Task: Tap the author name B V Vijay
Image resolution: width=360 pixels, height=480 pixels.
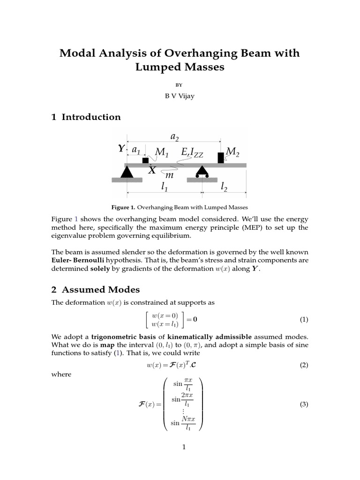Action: click(180, 97)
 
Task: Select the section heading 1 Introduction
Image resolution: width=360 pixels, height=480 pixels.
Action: click(86, 117)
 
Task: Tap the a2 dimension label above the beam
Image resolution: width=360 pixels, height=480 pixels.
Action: click(174, 136)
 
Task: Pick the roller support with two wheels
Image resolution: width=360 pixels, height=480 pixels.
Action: click(202, 172)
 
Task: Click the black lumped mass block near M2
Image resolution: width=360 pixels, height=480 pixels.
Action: click(221, 157)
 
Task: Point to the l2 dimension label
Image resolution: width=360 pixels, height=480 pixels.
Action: click(224, 187)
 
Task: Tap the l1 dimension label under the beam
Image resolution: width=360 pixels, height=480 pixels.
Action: click(165, 187)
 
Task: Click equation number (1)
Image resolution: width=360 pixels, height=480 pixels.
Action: click(304, 320)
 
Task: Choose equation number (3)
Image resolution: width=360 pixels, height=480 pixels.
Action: click(304, 405)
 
